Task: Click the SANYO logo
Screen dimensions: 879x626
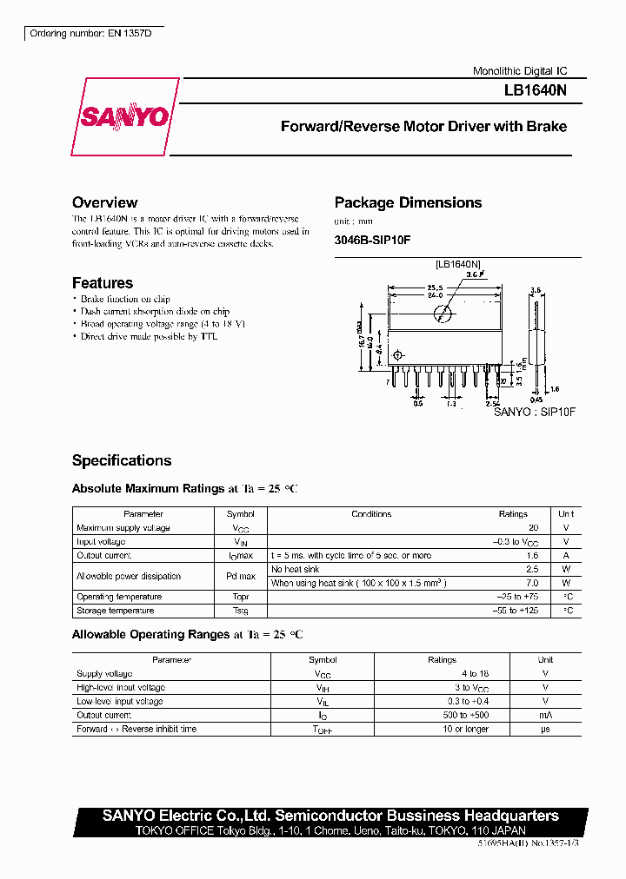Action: point(125,117)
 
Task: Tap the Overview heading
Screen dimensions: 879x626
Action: point(104,202)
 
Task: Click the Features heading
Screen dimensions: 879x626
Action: point(103,283)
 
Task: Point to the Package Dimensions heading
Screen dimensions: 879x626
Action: point(408,202)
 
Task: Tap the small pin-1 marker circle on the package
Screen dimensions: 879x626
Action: point(399,354)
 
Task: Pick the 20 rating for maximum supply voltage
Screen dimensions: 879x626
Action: point(533,528)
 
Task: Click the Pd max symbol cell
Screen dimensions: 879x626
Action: point(240,577)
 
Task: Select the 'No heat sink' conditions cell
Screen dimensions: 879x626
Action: point(296,570)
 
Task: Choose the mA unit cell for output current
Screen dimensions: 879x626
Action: point(545,716)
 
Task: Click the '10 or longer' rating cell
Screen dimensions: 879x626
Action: point(442,730)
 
